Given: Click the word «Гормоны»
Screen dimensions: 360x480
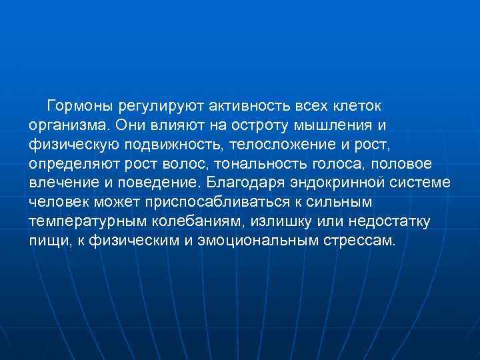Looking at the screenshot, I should click(x=79, y=106).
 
